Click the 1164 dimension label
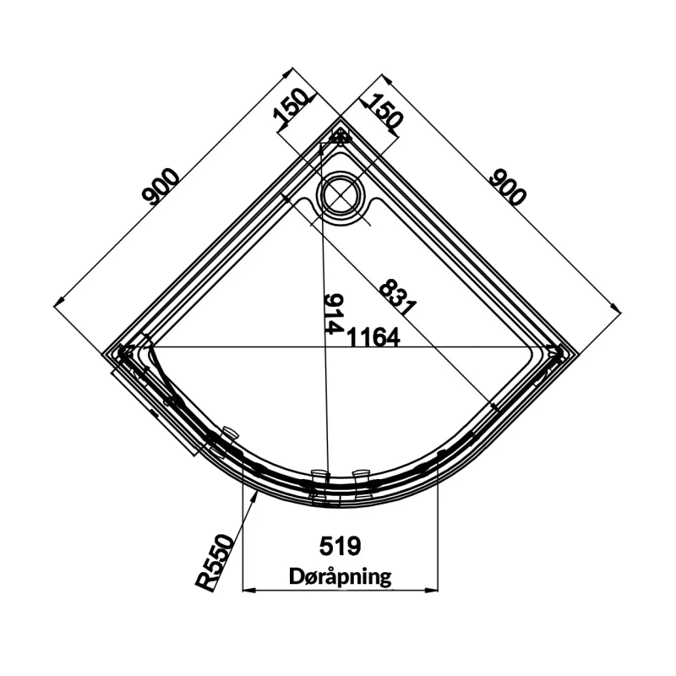[373, 337]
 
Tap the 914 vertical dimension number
[334, 313]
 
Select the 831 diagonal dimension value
[397, 297]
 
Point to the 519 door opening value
[340, 546]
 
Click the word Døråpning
[341, 576]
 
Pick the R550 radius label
[215, 563]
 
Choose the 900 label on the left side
[160, 186]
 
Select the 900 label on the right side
[509, 187]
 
